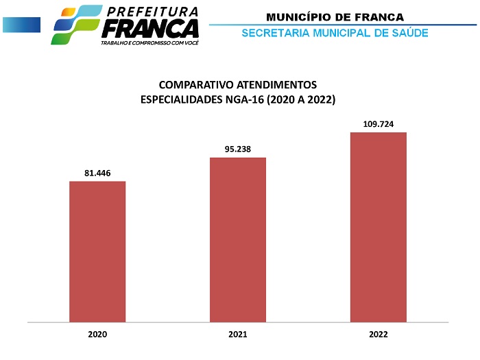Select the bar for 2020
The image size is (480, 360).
point(97,251)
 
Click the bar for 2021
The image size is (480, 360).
point(238,239)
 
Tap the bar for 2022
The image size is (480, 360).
point(379,226)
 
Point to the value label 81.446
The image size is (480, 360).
point(97,173)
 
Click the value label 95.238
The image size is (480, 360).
point(238,149)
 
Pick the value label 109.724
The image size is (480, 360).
point(378,124)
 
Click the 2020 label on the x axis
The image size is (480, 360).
point(97,335)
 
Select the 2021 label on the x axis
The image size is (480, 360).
point(238,335)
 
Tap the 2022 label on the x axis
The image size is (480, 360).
point(379,335)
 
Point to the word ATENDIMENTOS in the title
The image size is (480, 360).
point(278,85)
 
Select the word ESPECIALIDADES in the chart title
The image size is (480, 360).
point(180,100)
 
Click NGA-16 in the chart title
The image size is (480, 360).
point(243,100)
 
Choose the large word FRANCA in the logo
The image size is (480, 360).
point(150,29)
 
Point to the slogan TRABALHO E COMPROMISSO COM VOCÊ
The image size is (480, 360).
point(149,43)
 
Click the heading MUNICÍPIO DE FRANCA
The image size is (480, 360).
point(335,16)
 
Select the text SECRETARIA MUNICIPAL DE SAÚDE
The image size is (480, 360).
point(335,33)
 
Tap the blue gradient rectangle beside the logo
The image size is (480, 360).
point(21,25)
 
